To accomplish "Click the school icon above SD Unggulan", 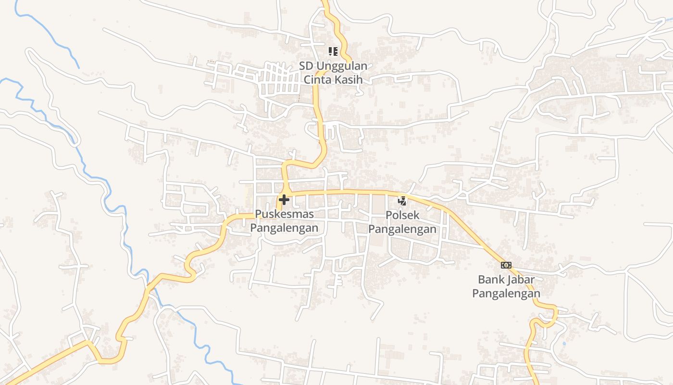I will (333, 51).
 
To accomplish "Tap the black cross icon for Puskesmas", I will (284, 199).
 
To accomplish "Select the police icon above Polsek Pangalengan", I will (402, 201).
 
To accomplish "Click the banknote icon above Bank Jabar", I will (506, 265).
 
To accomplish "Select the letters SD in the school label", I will (305, 66).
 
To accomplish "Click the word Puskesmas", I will (284, 214).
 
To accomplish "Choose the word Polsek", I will (403, 216).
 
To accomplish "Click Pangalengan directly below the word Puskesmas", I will (284, 228).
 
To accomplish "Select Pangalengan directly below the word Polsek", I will (403, 229).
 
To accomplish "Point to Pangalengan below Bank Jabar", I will (506, 293).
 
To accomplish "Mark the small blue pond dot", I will (563, 344).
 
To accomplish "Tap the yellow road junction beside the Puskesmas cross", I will (286, 192).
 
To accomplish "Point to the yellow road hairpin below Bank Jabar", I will (553, 318).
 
